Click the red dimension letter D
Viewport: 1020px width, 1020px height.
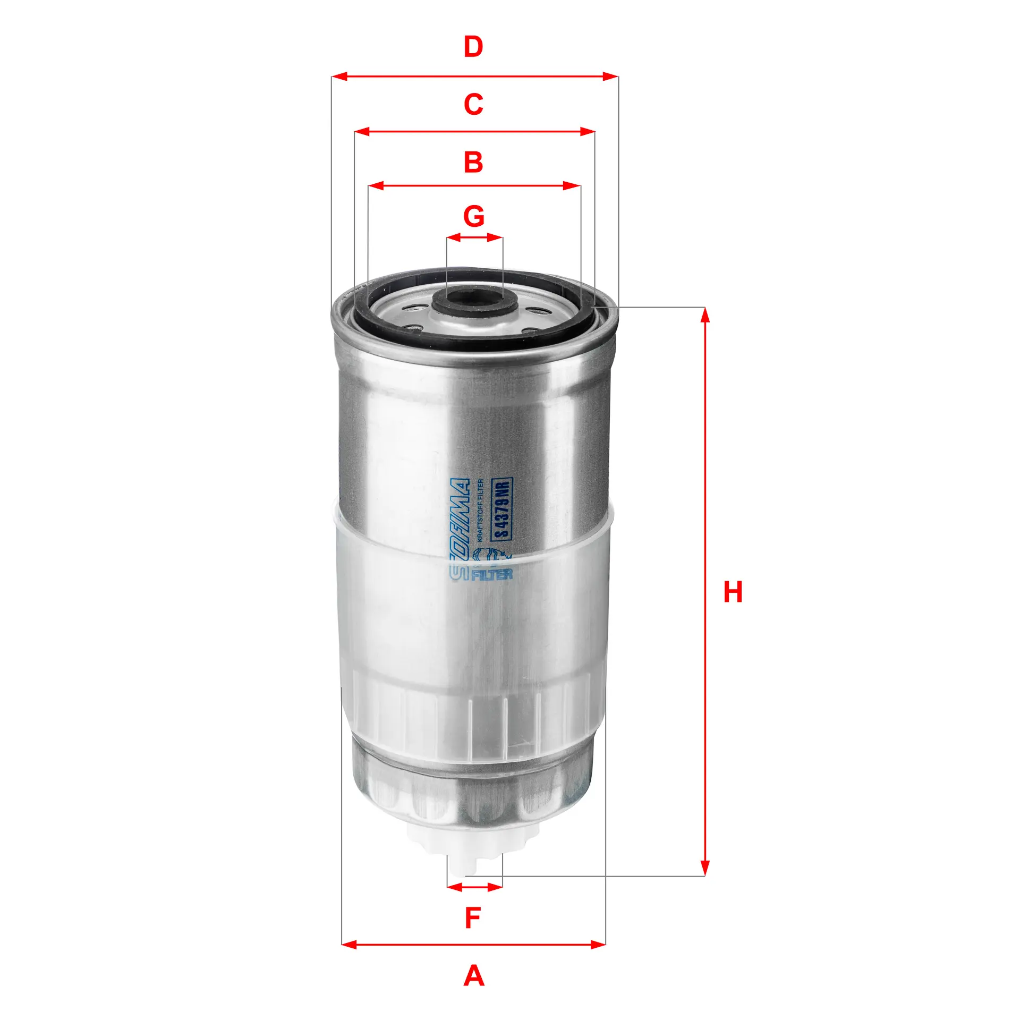point(473,47)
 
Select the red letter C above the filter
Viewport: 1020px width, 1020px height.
point(473,104)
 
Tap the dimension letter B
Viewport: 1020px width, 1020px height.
point(473,162)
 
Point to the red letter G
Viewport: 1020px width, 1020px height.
point(473,216)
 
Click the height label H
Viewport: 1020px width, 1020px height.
point(733,592)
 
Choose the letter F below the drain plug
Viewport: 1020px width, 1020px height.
point(472,918)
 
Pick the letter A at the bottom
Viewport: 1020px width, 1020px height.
point(473,976)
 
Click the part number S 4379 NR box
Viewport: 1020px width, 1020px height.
point(501,509)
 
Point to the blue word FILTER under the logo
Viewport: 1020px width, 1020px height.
point(491,574)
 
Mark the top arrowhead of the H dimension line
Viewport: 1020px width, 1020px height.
point(704,315)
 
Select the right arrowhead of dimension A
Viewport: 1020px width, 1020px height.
point(598,944)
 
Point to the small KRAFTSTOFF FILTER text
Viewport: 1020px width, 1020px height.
point(480,510)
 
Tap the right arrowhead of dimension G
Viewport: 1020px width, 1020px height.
point(496,237)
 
